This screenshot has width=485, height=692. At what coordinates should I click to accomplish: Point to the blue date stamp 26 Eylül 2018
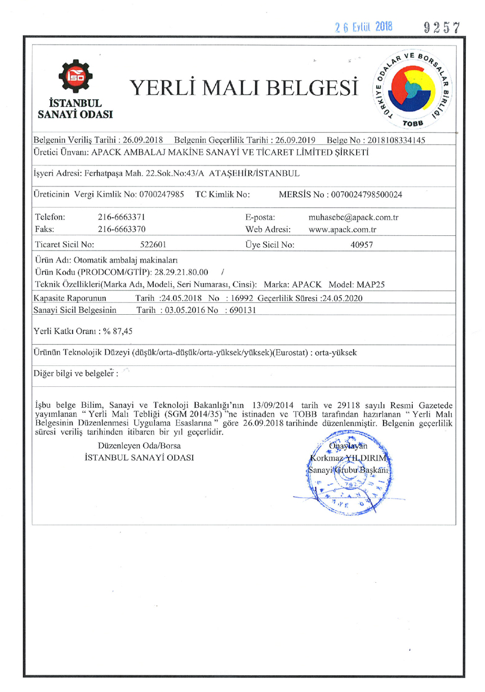coord(363,27)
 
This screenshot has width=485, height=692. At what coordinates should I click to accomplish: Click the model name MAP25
coord(367,284)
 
